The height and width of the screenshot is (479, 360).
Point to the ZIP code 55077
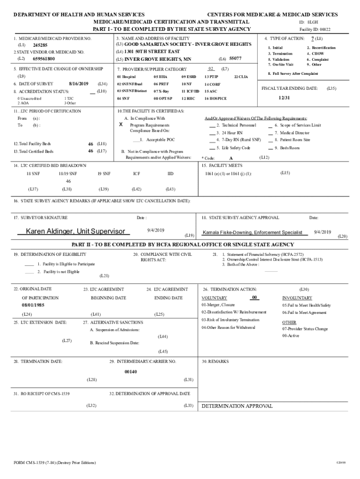tap(235, 58)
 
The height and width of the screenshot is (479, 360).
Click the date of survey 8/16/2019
tap(78, 83)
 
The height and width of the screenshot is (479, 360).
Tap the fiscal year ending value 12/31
tap(284, 98)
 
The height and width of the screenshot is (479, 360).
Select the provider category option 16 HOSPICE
tap(216, 99)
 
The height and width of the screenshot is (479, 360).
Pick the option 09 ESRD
tap(189, 76)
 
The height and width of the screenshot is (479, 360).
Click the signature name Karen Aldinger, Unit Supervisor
tap(75, 232)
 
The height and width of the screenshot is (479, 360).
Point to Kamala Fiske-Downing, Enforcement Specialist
tap(252, 232)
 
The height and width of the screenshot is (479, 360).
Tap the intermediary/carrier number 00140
tap(131, 371)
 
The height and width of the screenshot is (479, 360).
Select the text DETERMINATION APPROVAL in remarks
tap(237, 406)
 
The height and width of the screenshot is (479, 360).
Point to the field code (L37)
tap(33, 189)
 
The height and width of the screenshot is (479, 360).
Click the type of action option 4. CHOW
tap(315, 54)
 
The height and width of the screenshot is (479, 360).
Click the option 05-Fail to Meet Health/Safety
tap(306, 305)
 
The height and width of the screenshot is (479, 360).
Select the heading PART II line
tap(182, 245)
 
